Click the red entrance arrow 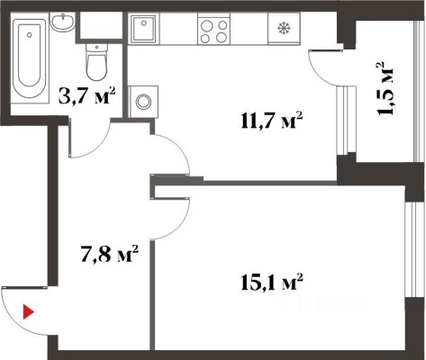tap(28, 311)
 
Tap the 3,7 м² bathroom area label tap(87, 95)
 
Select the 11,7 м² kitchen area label tap(271, 121)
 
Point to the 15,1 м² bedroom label tap(271, 282)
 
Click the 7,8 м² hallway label tap(109, 254)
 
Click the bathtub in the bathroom tap(30, 58)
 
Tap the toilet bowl tap(96, 62)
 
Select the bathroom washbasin tap(62, 22)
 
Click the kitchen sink tap(144, 29)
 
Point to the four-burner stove tap(213, 30)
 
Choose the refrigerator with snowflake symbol tap(284, 29)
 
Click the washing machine tap(143, 102)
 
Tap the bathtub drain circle tap(29, 35)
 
